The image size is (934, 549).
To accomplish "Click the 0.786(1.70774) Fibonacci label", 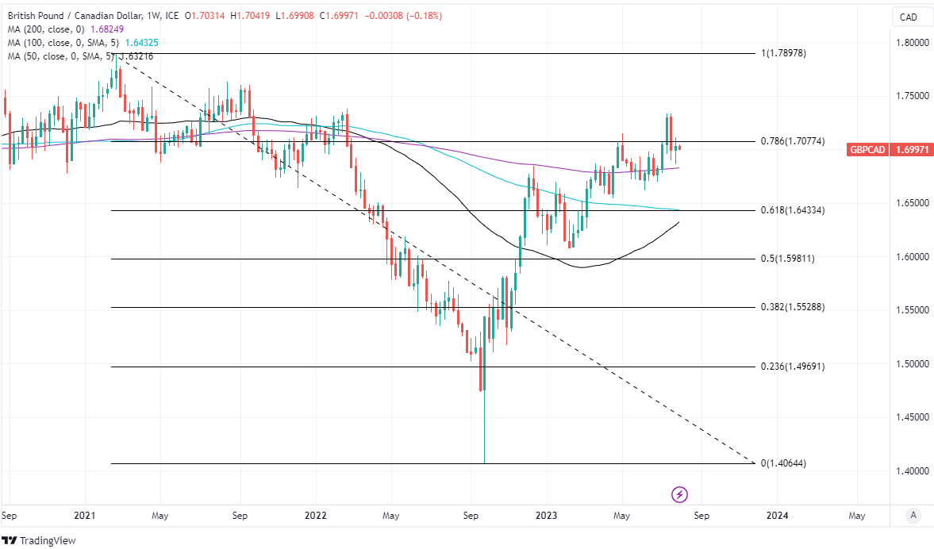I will (793, 141).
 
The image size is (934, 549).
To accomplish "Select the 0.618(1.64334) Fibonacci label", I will (793, 210).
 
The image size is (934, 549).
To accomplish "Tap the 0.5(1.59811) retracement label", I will (787, 259).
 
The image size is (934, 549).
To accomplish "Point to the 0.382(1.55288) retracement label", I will (793, 307).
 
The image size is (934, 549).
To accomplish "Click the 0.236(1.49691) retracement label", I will (793, 367).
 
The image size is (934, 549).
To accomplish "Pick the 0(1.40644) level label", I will (783, 463).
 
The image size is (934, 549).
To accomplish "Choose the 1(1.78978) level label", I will (783, 53).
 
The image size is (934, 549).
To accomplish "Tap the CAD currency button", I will (906, 17).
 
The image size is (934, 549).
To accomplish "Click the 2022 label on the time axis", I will (316, 516).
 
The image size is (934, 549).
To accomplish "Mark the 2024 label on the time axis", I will (777, 516).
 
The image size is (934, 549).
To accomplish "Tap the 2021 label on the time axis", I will (85, 516).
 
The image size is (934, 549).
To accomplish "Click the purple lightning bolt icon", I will (679, 495).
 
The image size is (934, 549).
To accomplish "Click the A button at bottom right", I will (913, 516).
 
